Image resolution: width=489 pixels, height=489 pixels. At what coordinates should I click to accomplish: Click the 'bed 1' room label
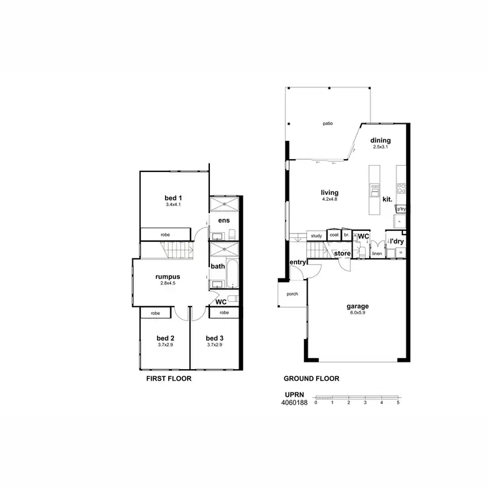point(173,198)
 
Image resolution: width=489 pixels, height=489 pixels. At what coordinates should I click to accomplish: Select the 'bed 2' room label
point(166,338)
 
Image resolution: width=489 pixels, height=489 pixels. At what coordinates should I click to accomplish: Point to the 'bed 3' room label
point(215,338)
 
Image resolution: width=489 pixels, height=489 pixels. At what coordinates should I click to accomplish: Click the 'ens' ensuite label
point(224,220)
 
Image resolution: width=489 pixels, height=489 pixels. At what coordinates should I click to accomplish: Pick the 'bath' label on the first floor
point(218,266)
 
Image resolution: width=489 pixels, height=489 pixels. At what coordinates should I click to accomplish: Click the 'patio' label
point(328,123)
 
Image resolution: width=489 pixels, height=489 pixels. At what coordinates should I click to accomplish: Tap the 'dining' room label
point(381,140)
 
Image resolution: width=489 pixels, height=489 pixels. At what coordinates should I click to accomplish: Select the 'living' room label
point(330,192)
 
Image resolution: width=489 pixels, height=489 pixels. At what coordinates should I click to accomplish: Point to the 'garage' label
point(358,306)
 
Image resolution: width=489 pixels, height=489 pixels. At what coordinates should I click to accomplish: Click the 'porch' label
point(292,294)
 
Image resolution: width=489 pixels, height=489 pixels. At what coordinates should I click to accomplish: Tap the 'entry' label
point(298,262)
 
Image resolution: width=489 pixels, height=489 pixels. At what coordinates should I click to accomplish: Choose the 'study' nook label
point(317,235)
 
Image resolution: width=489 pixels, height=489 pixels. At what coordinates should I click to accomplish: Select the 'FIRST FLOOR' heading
point(169,379)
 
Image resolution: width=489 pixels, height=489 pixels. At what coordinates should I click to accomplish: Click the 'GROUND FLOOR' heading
point(311,379)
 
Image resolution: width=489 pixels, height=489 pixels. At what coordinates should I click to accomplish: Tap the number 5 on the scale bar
point(398,403)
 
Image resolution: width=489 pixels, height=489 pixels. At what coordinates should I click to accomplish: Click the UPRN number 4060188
point(293,403)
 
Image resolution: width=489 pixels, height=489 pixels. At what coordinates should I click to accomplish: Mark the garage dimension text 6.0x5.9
point(358,313)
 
